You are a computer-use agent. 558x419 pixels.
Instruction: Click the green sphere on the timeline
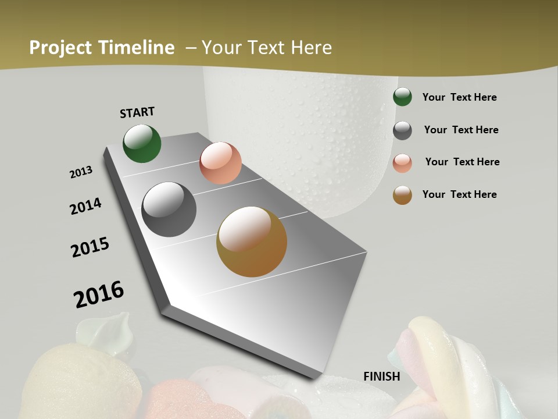tap(142, 143)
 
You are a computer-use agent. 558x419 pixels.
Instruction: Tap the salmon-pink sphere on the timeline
tap(220, 163)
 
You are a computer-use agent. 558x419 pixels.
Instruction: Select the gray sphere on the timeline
tap(169, 210)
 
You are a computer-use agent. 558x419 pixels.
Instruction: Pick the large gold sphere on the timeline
tap(252, 242)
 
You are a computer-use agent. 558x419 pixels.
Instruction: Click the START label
tap(137, 112)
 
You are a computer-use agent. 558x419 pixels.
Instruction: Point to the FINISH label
tap(382, 377)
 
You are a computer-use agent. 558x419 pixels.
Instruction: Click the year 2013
tap(81, 172)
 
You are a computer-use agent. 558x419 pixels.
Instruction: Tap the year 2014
tap(86, 206)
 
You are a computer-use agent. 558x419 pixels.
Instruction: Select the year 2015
tap(90, 247)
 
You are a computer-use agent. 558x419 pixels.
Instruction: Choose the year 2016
tap(99, 294)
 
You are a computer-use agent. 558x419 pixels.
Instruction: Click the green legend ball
tap(402, 97)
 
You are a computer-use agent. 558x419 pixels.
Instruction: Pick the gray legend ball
tap(402, 130)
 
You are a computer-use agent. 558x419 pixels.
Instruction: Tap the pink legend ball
tap(402, 163)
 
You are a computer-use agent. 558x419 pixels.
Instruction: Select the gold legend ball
tap(402, 195)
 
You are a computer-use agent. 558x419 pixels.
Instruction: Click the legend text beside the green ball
tap(459, 97)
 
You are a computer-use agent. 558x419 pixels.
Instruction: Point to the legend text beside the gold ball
tap(459, 194)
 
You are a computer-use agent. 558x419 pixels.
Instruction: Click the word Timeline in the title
tap(137, 48)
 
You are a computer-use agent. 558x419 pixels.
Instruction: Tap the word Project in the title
tap(60, 48)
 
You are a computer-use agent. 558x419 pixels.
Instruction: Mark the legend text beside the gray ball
tap(461, 130)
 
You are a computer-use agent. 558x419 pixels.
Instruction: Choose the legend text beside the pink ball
tap(462, 162)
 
